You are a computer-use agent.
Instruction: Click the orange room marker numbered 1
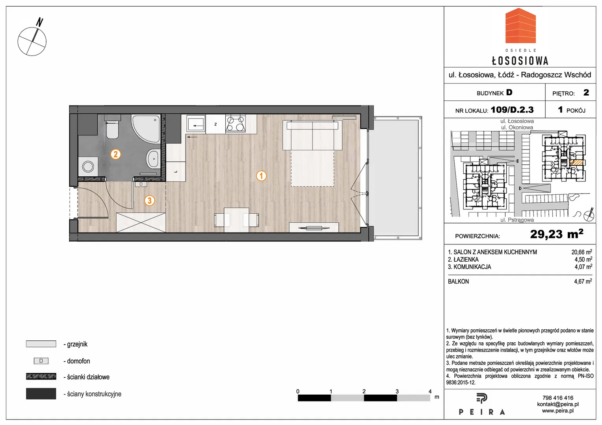coord(261,176)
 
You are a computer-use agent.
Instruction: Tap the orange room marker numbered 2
coord(115,154)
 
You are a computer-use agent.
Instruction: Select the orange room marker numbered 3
coord(149,201)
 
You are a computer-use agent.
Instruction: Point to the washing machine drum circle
coord(88,166)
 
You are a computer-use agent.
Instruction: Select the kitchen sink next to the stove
coord(196,124)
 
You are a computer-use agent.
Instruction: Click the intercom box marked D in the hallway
coord(141,184)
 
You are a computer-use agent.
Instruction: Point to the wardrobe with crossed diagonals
coord(141,222)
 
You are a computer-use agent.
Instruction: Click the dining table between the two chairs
coord(236,220)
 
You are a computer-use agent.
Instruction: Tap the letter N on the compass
coord(39,22)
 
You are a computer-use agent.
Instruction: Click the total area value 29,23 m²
coord(557,234)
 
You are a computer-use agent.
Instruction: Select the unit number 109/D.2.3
coord(512,109)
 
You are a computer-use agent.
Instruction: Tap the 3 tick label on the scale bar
coord(397,391)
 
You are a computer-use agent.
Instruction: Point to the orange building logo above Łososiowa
coord(520,26)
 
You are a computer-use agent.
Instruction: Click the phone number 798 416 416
coord(558,397)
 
